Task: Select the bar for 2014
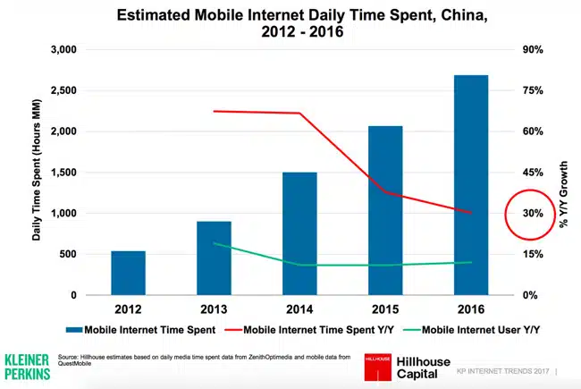(299, 233)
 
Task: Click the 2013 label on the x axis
(214, 309)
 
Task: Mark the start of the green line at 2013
(214, 243)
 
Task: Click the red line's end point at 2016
(470, 213)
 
